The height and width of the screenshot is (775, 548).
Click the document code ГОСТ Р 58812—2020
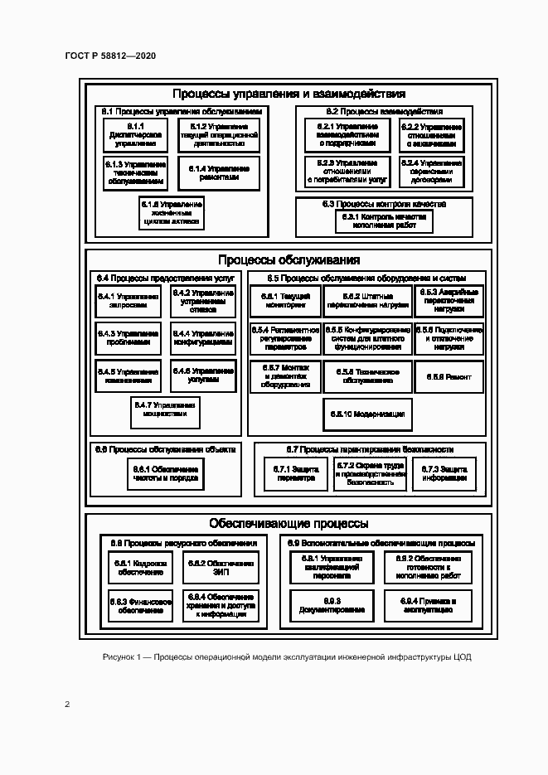pos(109,56)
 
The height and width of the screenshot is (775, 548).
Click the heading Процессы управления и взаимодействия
pos(289,94)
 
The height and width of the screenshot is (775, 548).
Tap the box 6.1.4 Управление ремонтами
pos(219,172)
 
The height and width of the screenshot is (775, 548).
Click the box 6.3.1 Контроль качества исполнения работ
pos(384,220)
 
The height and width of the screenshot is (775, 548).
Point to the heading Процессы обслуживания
pos(289,260)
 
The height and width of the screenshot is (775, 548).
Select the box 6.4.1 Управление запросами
pos(128,300)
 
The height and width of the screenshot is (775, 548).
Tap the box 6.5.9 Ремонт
pos(449,377)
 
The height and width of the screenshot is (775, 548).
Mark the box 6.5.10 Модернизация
pos(367,414)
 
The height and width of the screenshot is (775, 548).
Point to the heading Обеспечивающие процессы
pos(289,524)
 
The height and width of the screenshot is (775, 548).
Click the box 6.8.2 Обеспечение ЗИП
pos(221,568)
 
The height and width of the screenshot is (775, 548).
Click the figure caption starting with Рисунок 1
pos(287,656)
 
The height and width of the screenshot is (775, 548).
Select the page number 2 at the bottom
pos(67,705)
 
